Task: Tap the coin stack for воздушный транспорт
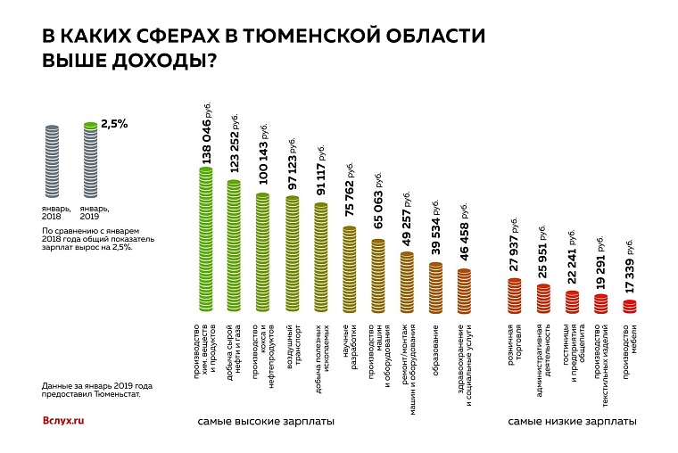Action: [293, 255]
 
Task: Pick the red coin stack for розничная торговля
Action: [515, 297]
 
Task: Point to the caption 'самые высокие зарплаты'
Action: [266, 420]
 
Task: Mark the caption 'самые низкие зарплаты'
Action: [573, 420]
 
